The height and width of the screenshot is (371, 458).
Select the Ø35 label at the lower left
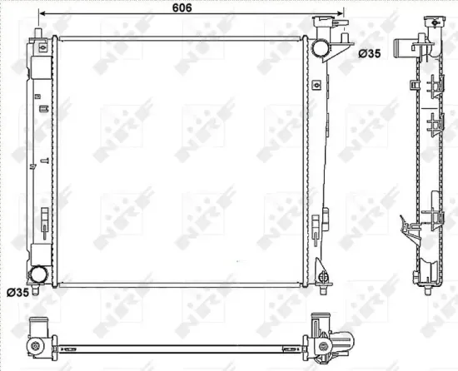18,292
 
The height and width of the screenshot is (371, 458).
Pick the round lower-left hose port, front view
39,275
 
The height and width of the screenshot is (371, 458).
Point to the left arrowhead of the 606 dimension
42,15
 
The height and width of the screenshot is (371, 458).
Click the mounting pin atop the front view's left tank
38,34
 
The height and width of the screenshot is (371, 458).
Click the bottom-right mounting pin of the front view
322,287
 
